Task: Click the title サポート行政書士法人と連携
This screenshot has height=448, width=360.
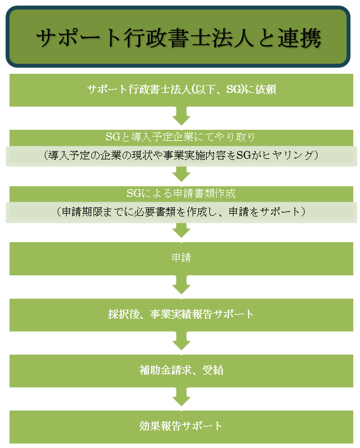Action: coord(179,37)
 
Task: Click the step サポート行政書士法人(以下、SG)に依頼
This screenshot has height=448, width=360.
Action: coord(181,89)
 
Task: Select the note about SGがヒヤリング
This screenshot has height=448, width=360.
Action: coord(181,156)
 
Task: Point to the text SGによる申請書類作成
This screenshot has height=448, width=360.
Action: coord(181,194)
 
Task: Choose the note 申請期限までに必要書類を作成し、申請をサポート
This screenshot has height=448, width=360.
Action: coord(181,213)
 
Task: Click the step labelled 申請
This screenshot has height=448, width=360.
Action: coord(181,258)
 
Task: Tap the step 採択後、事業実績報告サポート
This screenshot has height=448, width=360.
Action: coord(181,314)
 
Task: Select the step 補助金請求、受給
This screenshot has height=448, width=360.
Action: coord(181,370)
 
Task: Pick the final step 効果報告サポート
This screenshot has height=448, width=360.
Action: coord(181,426)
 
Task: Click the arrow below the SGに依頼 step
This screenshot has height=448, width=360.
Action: coord(181,117)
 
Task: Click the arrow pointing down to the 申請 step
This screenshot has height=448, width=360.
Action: coord(181,230)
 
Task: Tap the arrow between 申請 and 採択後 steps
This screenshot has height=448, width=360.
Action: coord(181,285)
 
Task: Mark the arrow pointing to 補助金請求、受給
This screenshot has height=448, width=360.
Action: coord(181,341)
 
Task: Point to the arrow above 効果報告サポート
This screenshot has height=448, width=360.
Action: coord(181,397)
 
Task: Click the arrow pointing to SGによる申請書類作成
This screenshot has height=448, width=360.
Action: coord(181,174)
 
